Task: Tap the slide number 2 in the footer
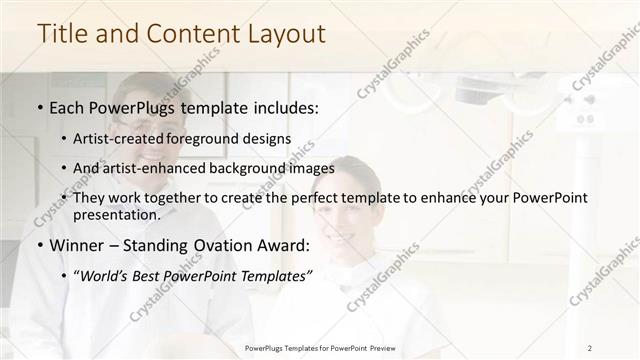pos(590,347)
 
